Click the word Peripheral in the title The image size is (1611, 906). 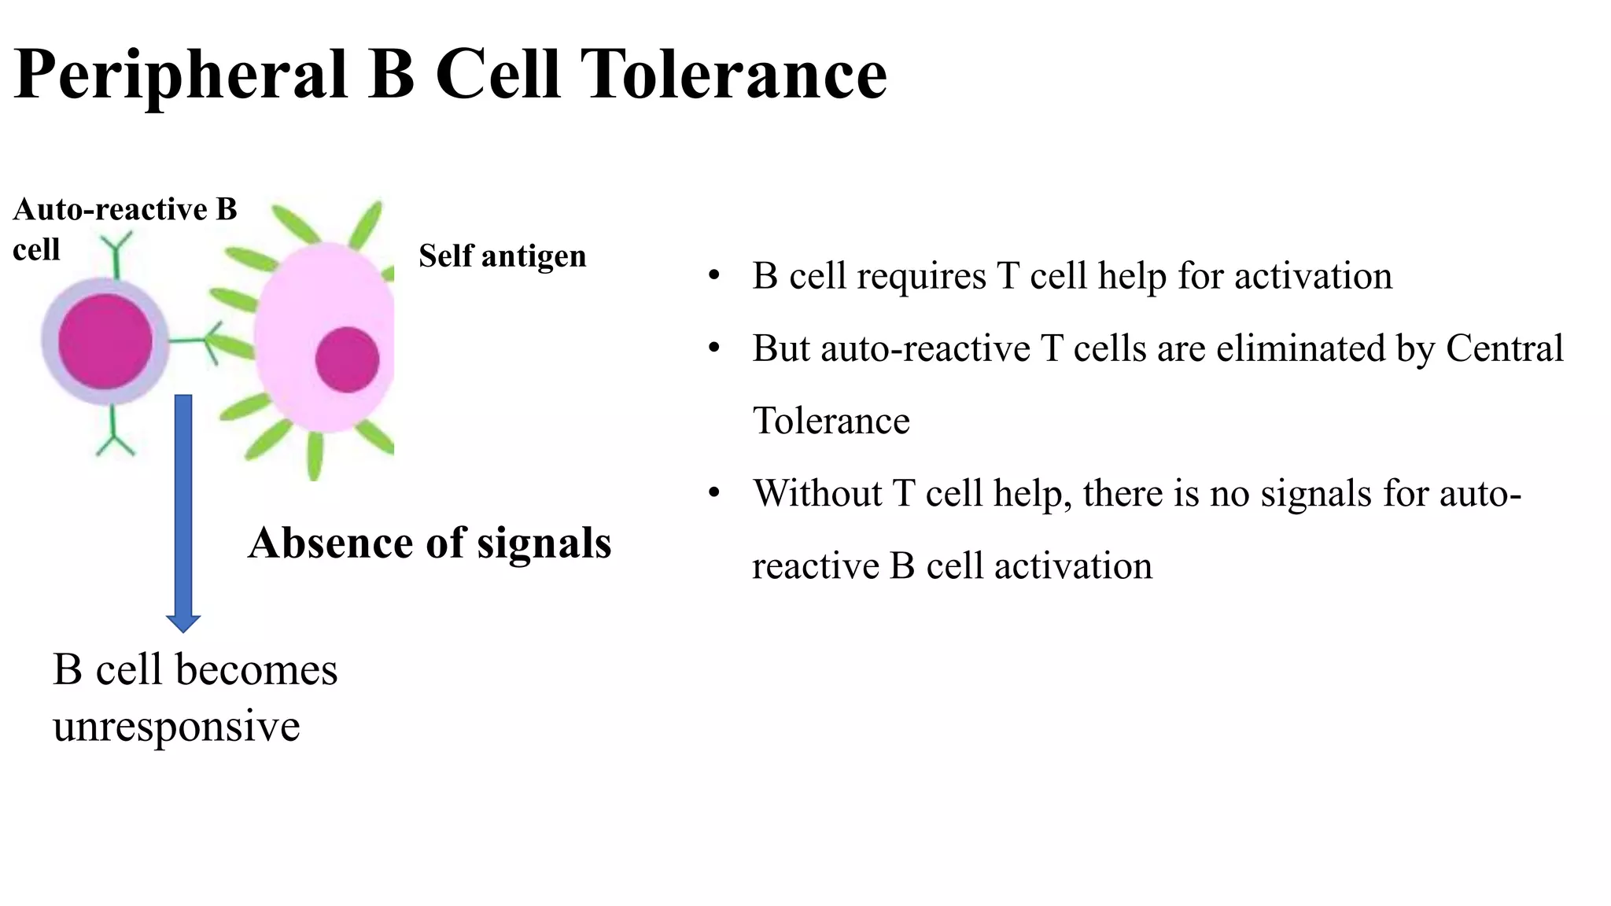point(181,75)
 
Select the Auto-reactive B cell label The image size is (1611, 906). point(124,228)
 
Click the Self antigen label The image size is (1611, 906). point(502,256)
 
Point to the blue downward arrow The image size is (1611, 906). point(183,511)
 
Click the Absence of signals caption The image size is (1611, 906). point(429,543)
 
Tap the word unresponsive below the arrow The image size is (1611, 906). point(176,725)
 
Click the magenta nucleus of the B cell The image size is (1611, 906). point(105,341)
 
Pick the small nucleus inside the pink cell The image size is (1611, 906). point(347,359)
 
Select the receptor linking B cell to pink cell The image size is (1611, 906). point(197,341)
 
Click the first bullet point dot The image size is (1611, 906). point(713,276)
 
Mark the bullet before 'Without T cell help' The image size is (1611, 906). point(713,493)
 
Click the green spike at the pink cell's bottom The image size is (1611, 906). point(315,456)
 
